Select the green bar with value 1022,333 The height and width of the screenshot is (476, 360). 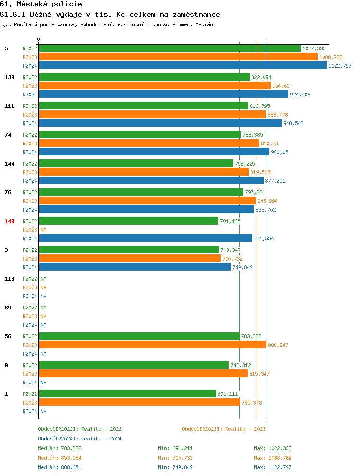coord(169,48)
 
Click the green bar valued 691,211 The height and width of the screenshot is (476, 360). coord(127,394)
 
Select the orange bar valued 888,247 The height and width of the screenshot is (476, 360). coord(152,345)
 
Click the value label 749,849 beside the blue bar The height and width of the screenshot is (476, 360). coord(242,267)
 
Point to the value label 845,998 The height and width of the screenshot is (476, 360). coord(267,201)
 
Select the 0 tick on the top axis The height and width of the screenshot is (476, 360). coord(39,39)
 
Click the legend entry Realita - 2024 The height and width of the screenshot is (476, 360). coord(80,439)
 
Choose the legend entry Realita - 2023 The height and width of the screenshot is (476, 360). coord(224,429)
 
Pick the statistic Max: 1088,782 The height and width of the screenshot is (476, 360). coord(273,458)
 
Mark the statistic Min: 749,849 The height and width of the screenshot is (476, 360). coord(175,467)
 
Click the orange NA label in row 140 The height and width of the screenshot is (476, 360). coord(43,230)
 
